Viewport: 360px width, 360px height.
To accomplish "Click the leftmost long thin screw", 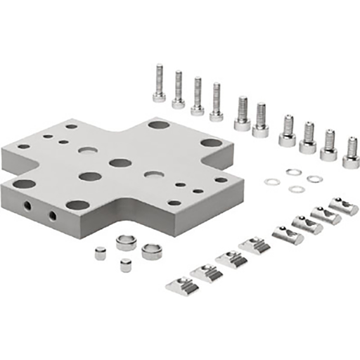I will (x=159, y=84).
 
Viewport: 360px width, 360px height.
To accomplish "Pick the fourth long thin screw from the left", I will (x=216, y=103).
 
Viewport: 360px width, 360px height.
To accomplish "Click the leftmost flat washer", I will (x=272, y=182).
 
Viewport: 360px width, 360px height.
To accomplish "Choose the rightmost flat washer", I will (x=314, y=179).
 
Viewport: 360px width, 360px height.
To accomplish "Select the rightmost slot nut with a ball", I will (x=345, y=206).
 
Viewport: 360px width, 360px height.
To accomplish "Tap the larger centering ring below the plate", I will (x=151, y=251).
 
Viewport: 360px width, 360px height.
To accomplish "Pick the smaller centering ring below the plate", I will (x=127, y=243).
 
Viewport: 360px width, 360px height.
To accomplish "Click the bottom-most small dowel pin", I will (x=126, y=266).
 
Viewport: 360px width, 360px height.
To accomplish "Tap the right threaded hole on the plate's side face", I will (x=51, y=213).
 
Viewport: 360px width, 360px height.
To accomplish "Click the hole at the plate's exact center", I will (x=120, y=163).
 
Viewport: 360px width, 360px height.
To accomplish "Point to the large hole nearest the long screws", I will (x=158, y=124).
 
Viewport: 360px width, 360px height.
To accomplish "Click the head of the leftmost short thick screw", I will (x=287, y=140).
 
